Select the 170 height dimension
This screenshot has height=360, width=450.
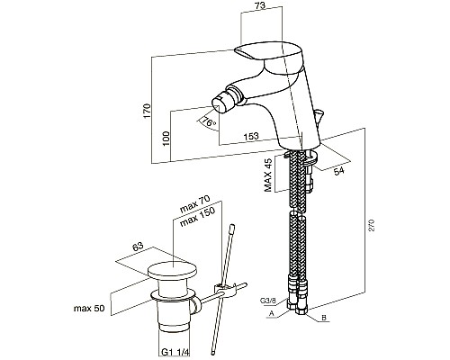147,111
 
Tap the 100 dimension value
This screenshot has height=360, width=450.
166,139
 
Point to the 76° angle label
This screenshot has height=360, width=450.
209,121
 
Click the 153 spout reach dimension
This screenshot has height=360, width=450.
251,136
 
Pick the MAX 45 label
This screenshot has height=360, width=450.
268,175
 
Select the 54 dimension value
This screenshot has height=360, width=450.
339,171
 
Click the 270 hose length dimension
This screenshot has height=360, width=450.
372,225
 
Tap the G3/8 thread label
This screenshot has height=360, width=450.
267,300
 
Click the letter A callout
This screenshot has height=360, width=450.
271,313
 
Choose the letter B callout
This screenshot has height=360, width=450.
324,318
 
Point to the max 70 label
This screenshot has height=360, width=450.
194,204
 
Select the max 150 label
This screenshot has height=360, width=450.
197,217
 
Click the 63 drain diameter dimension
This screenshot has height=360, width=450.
138,247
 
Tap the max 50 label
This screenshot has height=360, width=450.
89,308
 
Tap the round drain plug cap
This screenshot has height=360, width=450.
172,270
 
